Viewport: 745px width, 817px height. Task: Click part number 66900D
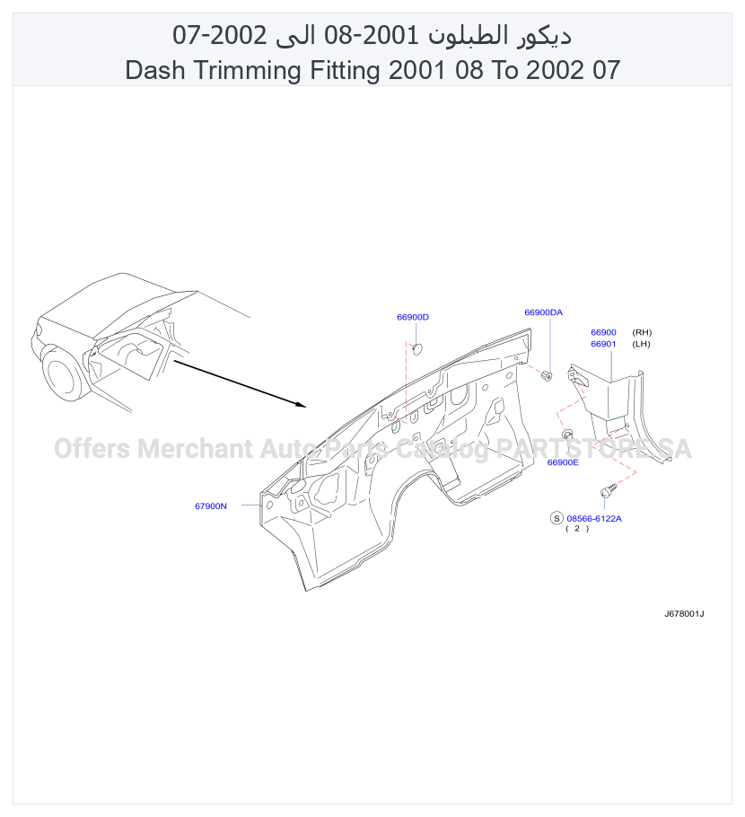click(x=413, y=317)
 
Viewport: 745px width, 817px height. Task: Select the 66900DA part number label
click(x=543, y=312)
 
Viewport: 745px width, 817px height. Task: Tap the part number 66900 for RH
click(x=603, y=332)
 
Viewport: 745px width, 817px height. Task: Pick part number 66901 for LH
click(x=603, y=344)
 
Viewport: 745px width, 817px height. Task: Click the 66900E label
click(x=563, y=462)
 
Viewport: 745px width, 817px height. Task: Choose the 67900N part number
click(x=210, y=506)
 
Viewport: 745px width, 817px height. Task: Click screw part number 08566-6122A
click(x=594, y=518)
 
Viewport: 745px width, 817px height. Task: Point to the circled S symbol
click(x=557, y=518)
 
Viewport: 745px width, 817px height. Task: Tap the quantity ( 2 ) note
click(x=577, y=528)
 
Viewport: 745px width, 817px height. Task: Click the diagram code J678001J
click(x=684, y=614)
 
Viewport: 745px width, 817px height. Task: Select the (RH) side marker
click(x=642, y=332)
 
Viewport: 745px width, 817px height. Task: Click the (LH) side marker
click(x=641, y=344)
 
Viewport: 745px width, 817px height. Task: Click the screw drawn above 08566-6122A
click(x=608, y=491)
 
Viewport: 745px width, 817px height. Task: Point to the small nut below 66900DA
click(x=547, y=375)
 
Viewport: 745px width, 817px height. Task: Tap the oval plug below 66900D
click(x=417, y=349)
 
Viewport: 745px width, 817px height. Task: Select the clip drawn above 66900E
click(x=567, y=434)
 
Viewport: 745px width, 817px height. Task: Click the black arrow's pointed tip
click(x=306, y=406)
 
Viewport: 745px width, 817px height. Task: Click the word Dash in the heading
click(x=154, y=70)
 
